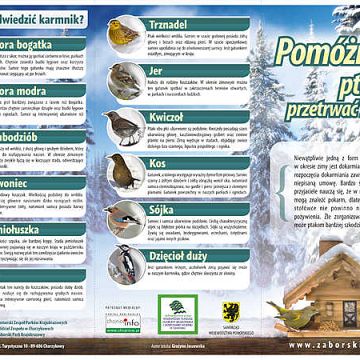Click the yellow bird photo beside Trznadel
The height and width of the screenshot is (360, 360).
click(x=124, y=34)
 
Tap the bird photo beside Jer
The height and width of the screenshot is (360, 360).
click(x=124, y=80)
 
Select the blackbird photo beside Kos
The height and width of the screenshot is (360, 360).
click(x=124, y=171)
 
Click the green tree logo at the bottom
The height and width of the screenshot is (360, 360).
click(x=177, y=313)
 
